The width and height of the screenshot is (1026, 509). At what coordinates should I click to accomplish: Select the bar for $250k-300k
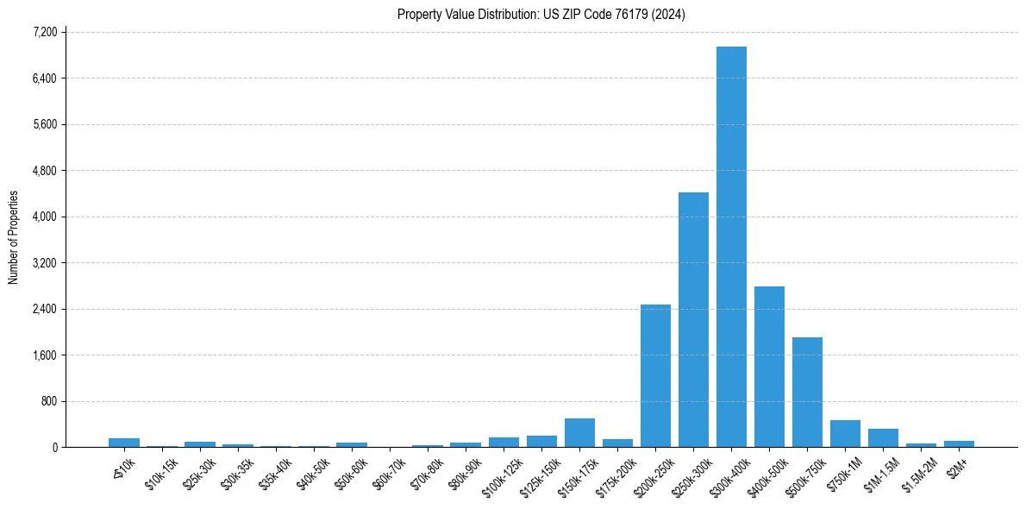click(693, 319)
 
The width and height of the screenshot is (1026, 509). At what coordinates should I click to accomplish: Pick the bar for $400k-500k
click(769, 367)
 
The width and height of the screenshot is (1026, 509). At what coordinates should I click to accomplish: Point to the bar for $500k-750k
click(807, 392)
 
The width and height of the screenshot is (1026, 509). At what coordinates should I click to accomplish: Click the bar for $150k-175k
click(579, 433)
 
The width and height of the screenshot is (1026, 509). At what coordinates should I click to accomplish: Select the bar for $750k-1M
click(845, 434)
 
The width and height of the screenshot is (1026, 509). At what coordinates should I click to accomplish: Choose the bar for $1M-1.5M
click(883, 438)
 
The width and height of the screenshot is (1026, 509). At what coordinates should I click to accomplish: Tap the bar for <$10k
click(124, 443)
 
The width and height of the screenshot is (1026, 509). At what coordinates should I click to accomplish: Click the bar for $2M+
click(959, 443)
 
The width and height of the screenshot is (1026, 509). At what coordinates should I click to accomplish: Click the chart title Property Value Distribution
click(541, 15)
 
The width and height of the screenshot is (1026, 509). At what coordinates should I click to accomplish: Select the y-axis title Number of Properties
click(14, 237)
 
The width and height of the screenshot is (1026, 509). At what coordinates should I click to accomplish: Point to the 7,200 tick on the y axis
click(44, 32)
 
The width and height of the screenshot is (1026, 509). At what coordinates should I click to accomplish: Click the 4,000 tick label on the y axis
click(44, 217)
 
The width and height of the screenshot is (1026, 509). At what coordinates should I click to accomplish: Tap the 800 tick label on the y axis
click(47, 401)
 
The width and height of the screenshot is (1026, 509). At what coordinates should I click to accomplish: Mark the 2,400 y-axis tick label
click(44, 309)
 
